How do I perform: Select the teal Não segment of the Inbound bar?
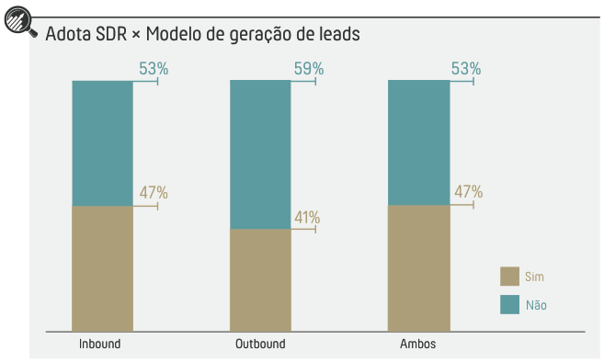(x=102, y=143)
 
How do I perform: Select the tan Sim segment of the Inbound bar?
(x=102, y=267)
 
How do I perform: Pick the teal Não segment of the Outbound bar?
(x=260, y=154)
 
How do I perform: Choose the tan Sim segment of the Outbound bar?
(x=260, y=279)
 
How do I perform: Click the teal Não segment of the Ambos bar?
(x=418, y=142)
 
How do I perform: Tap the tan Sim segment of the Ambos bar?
(x=418, y=267)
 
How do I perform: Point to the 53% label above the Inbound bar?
(x=154, y=68)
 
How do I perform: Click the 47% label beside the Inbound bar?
(x=154, y=193)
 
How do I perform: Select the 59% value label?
(x=309, y=68)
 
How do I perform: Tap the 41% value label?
(x=307, y=218)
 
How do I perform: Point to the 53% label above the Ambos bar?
(x=467, y=68)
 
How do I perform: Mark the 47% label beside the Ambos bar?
(x=468, y=192)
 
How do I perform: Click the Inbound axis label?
(x=100, y=345)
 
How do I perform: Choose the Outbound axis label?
(x=260, y=345)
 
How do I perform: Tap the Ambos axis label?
(x=418, y=345)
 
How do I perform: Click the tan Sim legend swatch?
(x=509, y=277)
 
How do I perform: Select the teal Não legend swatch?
(x=509, y=304)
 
